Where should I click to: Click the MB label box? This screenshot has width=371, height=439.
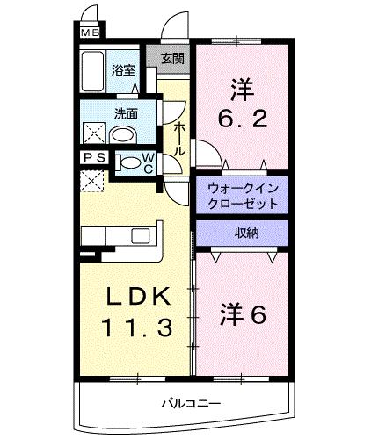point(90,33)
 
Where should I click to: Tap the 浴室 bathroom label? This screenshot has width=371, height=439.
point(124,70)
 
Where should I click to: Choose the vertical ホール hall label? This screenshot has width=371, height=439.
point(178,139)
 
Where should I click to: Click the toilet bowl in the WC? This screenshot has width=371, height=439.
point(130,162)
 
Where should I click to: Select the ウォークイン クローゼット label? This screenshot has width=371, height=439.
point(242,194)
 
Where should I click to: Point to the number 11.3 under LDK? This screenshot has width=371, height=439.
point(134,329)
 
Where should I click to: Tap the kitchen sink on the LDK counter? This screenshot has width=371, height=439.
point(140,236)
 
